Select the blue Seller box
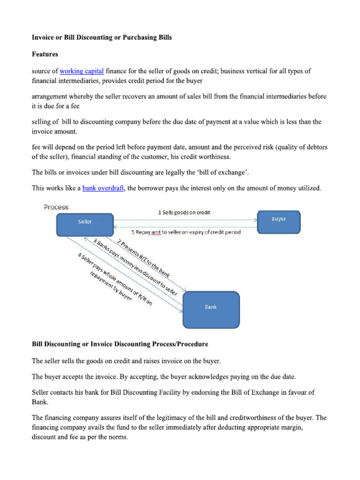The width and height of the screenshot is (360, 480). pos(85,225)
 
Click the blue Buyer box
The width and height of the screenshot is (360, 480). pos(278,222)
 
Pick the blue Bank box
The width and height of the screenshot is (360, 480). pos(210,309)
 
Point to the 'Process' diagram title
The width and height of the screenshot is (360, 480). pos(56,207)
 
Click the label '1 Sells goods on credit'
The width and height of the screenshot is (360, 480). pos(184,212)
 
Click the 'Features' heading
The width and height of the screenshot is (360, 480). pos(45,54)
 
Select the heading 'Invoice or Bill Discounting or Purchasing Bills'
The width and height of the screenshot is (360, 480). pos(102,37)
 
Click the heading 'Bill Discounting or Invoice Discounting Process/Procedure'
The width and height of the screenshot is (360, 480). pos(120,345)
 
